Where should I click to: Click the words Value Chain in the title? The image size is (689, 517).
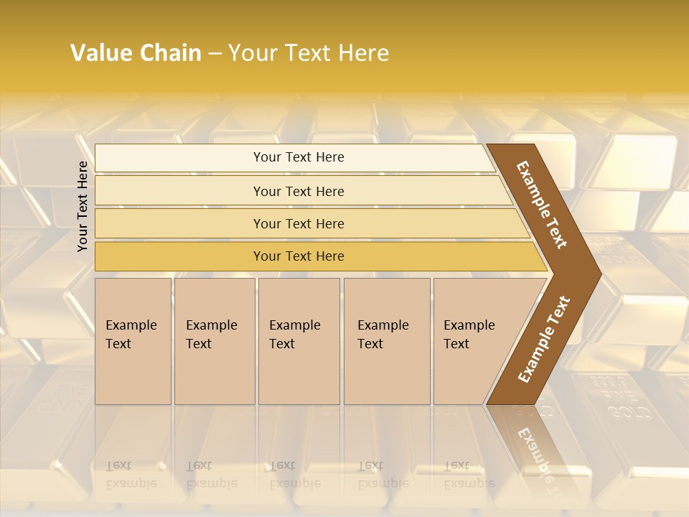tap(136, 53)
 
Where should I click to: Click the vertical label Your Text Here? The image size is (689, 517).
tap(83, 206)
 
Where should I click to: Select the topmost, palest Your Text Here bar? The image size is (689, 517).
tap(298, 157)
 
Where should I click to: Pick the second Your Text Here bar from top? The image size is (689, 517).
tap(298, 191)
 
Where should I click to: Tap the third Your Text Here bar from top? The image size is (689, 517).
tap(298, 223)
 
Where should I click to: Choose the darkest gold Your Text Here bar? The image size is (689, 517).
tap(298, 256)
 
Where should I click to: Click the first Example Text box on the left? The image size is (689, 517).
tap(133, 341)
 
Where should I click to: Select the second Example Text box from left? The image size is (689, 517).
tap(214, 341)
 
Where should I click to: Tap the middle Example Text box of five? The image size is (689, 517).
tap(298, 341)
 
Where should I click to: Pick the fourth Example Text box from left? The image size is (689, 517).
tap(386, 341)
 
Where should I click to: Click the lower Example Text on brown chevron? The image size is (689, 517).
tap(544, 339)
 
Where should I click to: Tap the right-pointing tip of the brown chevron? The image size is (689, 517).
tap(596, 273)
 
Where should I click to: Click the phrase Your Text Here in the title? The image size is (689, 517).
tap(309, 53)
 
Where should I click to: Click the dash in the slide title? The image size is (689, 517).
tap(215, 53)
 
